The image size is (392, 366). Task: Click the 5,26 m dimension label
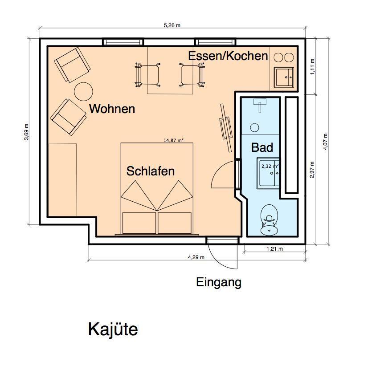click(x=172, y=25)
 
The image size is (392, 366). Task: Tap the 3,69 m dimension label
click(x=26, y=132)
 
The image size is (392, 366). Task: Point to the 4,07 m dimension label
click(x=325, y=142)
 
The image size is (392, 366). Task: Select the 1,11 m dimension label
click(x=313, y=67)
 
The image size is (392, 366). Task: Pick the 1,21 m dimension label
click(x=274, y=249)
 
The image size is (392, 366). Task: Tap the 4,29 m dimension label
click(x=196, y=257)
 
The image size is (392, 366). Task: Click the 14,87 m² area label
click(x=173, y=140)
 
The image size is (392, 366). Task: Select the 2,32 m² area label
click(x=270, y=166)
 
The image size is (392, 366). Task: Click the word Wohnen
click(x=112, y=109)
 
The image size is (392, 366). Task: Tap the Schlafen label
click(x=151, y=171)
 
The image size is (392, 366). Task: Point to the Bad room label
click(x=262, y=147)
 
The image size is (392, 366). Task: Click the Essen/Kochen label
click(x=228, y=56)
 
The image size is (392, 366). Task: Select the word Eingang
click(x=219, y=283)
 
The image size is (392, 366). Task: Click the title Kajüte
click(x=113, y=329)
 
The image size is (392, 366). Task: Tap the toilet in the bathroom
click(x=269, y=220)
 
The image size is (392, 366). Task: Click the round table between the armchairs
click(x=83, y=91)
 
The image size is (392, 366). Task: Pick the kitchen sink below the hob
click(x=284, y=77)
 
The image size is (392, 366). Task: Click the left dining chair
click(x=148, y=75)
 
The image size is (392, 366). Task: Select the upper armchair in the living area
click(x=72, y=65)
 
